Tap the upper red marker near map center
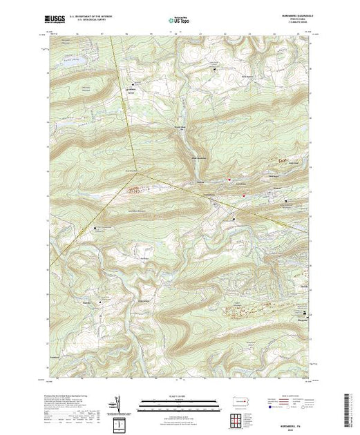tap(229, 180)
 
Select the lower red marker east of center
tap(243, 195)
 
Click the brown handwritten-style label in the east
tap(282, 160)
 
